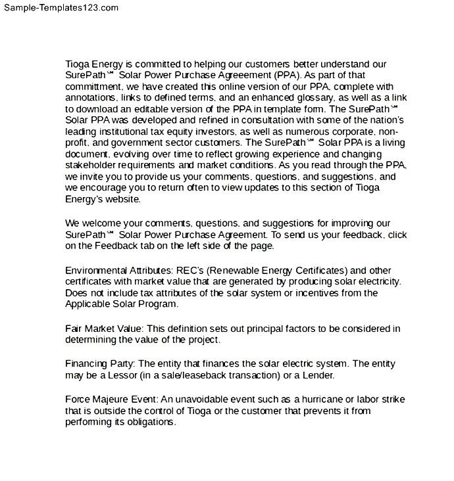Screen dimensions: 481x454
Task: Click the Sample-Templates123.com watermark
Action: [60, 7]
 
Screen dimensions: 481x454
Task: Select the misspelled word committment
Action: [91, 87]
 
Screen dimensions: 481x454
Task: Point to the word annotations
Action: [91, 98]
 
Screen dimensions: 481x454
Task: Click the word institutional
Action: [123, 131]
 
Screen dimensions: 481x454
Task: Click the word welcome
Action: [105, 224]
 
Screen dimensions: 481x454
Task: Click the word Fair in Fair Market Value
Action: [74, 329]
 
